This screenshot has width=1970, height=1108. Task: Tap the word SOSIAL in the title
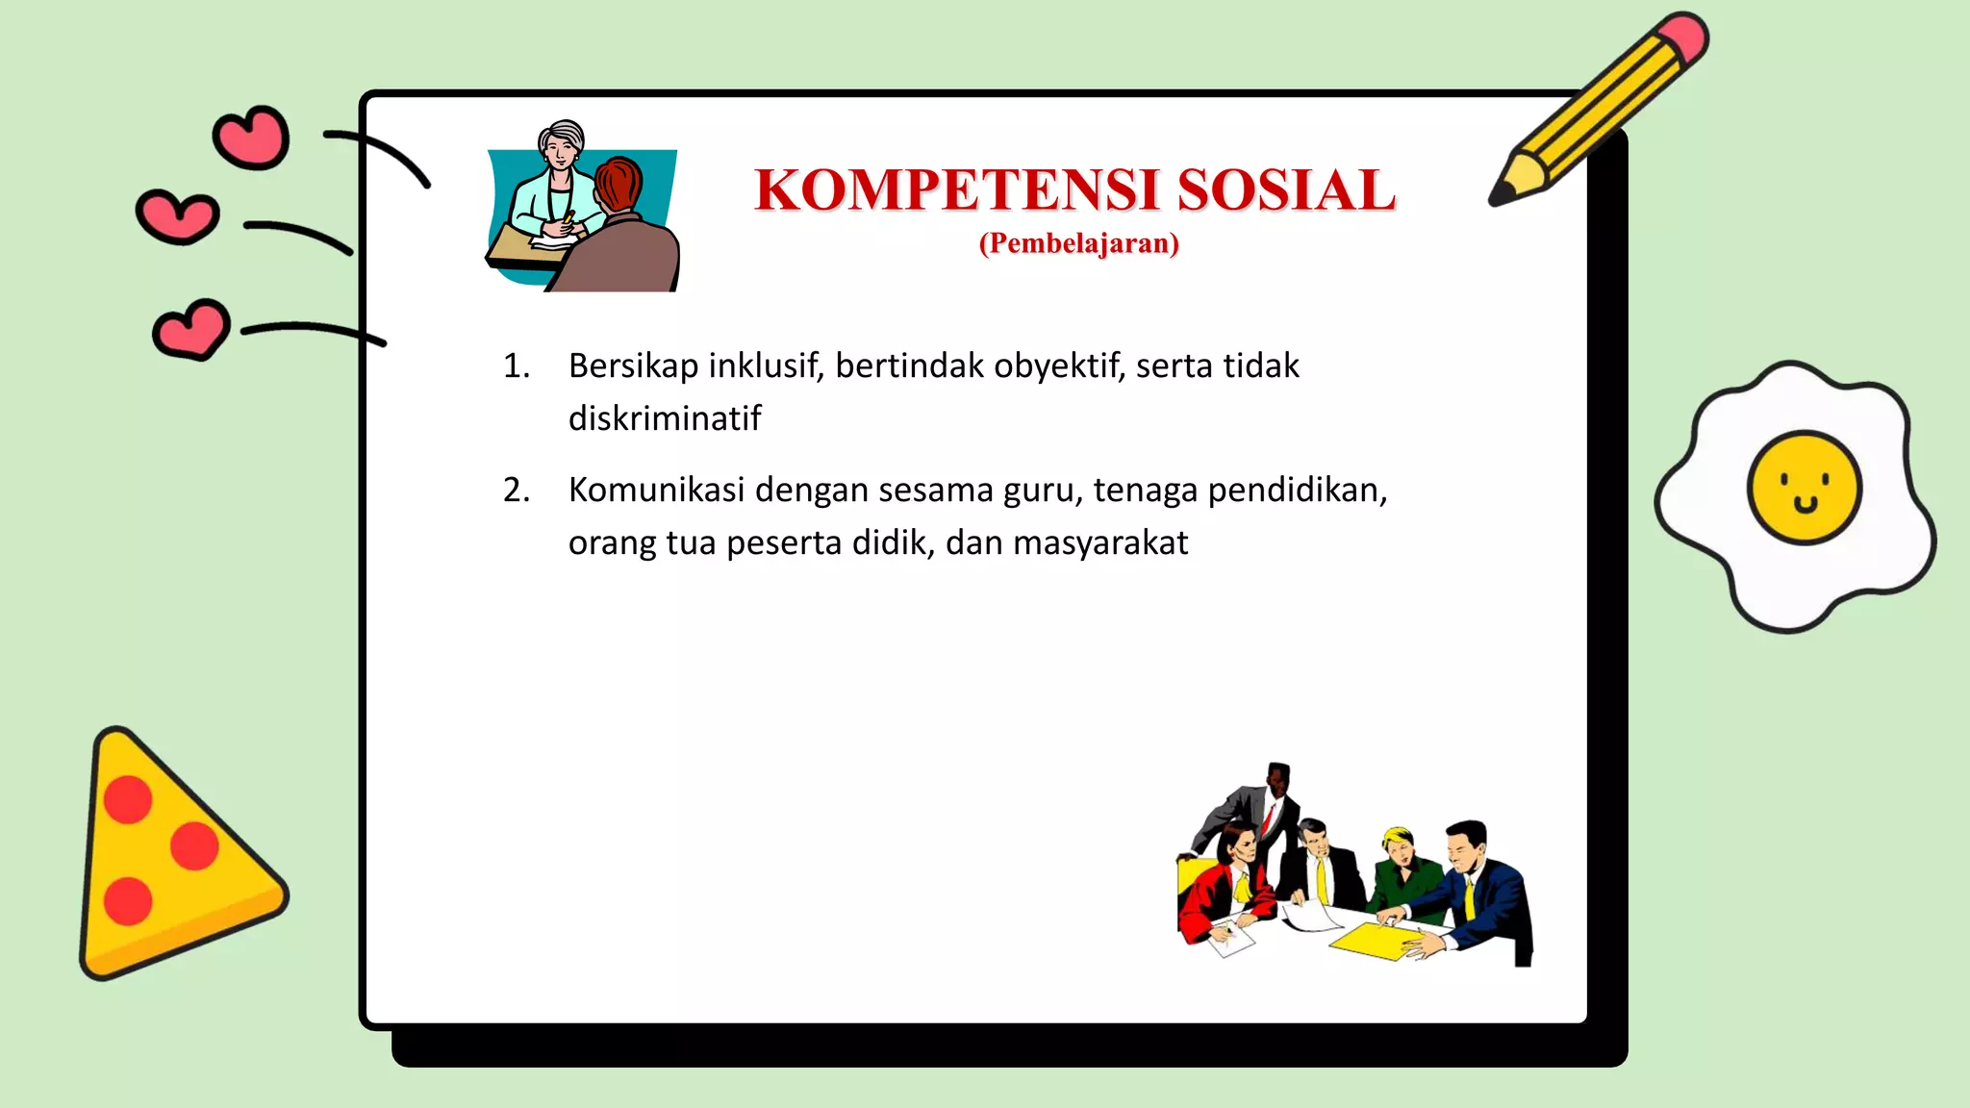(x=1286, y=190)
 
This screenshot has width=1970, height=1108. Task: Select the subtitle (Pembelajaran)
(x=1078, y=243)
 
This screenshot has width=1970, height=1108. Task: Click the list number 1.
(x=516, y=366)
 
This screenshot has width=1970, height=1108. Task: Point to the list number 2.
(x=516, y=491)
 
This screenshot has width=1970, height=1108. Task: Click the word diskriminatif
(x=665, y=418)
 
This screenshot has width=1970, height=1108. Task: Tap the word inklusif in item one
(x=766, y=366)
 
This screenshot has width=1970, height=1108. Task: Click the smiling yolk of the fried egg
(x=1804, y=487)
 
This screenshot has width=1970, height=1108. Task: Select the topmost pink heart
(x=252, y=138)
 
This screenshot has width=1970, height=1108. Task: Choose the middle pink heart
(x=178, y=216)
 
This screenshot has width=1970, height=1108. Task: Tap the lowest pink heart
(x=192, y=330)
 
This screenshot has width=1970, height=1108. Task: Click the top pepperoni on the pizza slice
(x=128, y=799)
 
